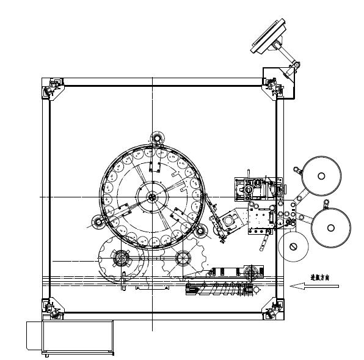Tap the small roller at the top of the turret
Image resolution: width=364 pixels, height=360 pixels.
pos(158,139)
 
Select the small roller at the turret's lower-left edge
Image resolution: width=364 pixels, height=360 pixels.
pos(96,221)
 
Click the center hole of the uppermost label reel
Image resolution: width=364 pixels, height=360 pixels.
pos(321,176)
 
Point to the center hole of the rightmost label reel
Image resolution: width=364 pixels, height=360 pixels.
pos(331,227)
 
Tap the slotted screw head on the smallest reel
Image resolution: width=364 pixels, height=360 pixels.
pos(294,246)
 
